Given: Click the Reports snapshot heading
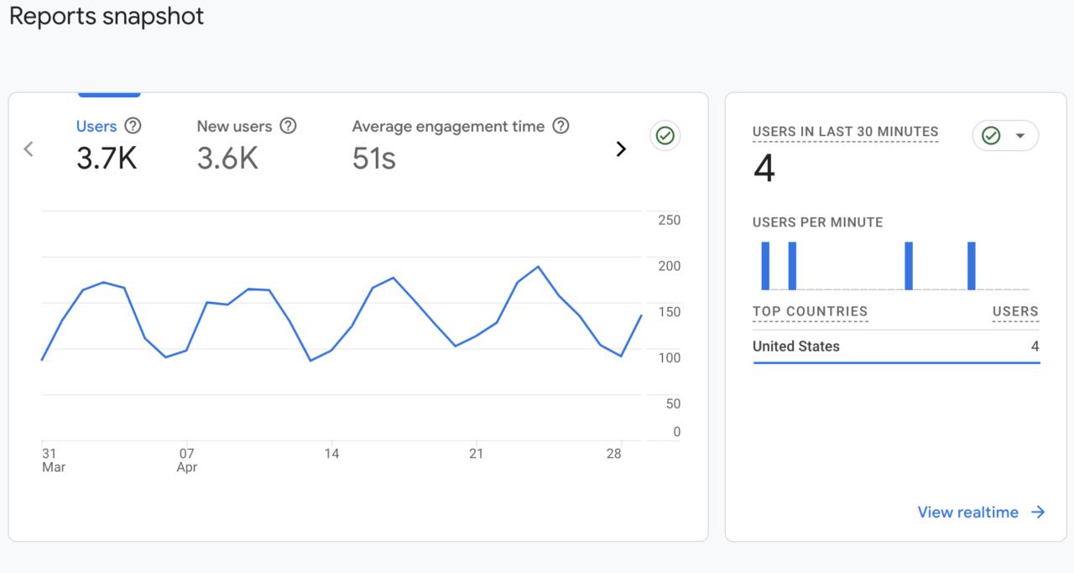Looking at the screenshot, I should point(107,17).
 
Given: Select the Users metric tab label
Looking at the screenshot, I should point(96,127).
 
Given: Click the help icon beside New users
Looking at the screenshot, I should point(288,126).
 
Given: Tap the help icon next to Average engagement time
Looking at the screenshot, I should point(560,126).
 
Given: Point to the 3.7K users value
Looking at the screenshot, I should point(107,158).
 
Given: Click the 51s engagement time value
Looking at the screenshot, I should point(373,158).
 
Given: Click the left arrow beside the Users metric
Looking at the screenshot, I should point(29,149).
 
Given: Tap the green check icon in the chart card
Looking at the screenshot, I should point(665,135).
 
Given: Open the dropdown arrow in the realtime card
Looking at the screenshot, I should point(1020,136).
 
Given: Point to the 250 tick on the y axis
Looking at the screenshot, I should point(669,221).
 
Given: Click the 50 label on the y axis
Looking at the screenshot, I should point(672,404).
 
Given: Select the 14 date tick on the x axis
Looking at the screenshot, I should point(332,454).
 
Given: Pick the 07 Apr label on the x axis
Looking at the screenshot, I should point(187,461).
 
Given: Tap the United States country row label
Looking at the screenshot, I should point(795,346).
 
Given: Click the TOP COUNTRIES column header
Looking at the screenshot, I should point(810,311).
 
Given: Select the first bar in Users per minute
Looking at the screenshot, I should point(765,266).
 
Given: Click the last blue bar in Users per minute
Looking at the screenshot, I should point(972,266).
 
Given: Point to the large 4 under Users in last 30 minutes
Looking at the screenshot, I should point(764,169).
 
